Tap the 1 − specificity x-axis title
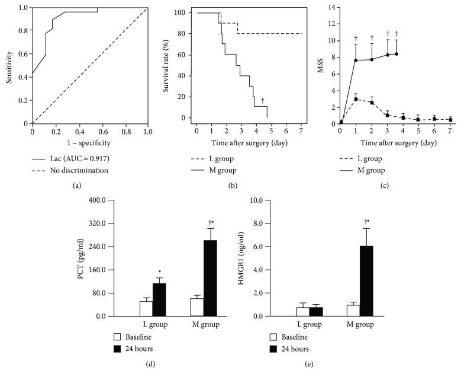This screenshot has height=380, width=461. [90, 143]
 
